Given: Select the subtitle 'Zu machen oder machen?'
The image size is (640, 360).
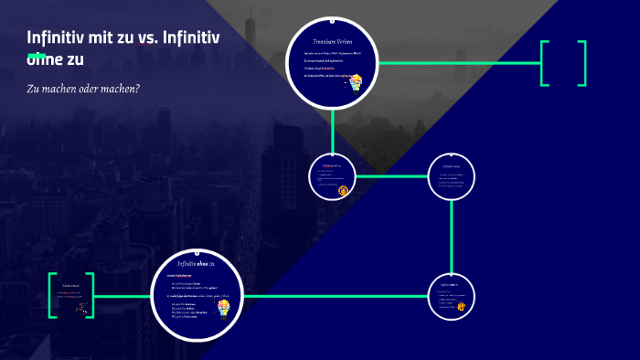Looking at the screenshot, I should point(83,89).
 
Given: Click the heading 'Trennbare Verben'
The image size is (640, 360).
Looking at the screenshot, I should point(333,42).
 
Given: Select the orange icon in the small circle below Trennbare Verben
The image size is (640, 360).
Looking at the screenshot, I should point(343,190).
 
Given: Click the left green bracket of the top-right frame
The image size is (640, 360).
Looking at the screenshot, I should point(544,63).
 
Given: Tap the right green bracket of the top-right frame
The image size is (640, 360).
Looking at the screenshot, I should point(581,63).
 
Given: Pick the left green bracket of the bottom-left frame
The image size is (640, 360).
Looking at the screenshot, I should point(52,295).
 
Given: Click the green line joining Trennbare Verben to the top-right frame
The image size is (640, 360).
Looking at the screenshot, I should point(457,63).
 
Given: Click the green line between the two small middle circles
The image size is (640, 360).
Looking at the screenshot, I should point(391,175).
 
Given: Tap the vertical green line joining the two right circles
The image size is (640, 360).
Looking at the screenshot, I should point(452,236).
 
